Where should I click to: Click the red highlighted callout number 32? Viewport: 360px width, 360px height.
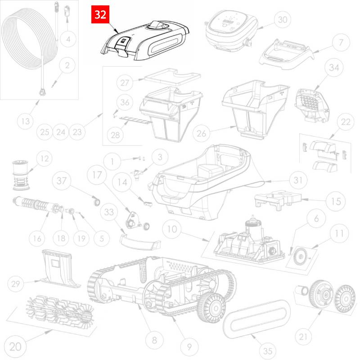pyautogui.click(x=100, y=14)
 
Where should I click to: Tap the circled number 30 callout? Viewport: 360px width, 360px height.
pyautogui.click(x=283, y=20)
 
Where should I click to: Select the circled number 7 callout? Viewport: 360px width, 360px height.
pyautogui.click(x=341, y=43)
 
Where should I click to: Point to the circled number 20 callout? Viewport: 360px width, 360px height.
pyautogui.click(x=16, y=346)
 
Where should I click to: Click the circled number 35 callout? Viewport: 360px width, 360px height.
pyautogui.click(x=268, y=351)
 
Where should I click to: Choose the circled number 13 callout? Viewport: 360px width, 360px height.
pyautogui.click(x=26, y=121)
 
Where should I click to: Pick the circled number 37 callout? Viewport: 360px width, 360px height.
pyautogui.click(x=62, y=181)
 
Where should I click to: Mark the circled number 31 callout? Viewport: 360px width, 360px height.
pyautogui.click(x=298, y=180)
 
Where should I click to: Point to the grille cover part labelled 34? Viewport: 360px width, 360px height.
pyautogui.click(x=312, y=105)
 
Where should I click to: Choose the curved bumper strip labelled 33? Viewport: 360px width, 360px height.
pyautogui.click(x=140, y=242)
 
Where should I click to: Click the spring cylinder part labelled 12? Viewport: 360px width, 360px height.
pyautogui.click(x=21, y=175)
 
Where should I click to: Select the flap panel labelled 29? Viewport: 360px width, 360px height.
pyautogui.click(x=60, y=269)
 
